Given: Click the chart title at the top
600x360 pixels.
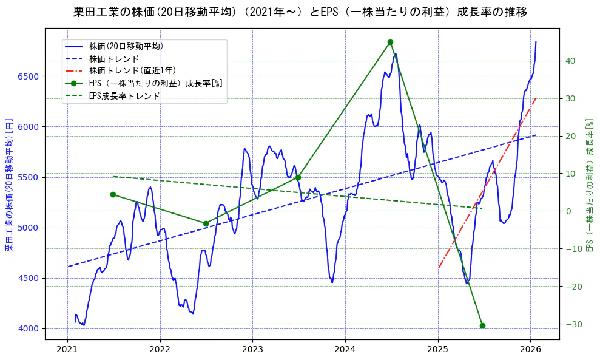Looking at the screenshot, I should tap(300, 12).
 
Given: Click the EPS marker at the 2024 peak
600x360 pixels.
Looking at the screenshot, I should tap(390, 42).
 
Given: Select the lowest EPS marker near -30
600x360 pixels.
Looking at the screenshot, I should tap(482, 325).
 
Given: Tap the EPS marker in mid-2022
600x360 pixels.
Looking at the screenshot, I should tap(206, 223).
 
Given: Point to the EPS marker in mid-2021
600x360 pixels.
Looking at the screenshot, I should tap(113, 194).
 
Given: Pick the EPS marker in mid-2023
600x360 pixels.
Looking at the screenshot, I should tap(298, 177).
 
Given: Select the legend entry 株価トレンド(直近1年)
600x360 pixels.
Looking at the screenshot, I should tap(132, 70).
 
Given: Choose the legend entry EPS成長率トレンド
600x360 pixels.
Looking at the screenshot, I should tap(124, 95).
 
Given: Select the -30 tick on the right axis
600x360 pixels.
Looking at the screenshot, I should tap(572, 324).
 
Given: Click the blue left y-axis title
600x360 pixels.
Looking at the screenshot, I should tap(9, 185).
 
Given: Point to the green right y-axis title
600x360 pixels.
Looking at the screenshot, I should tap(589, 185).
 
